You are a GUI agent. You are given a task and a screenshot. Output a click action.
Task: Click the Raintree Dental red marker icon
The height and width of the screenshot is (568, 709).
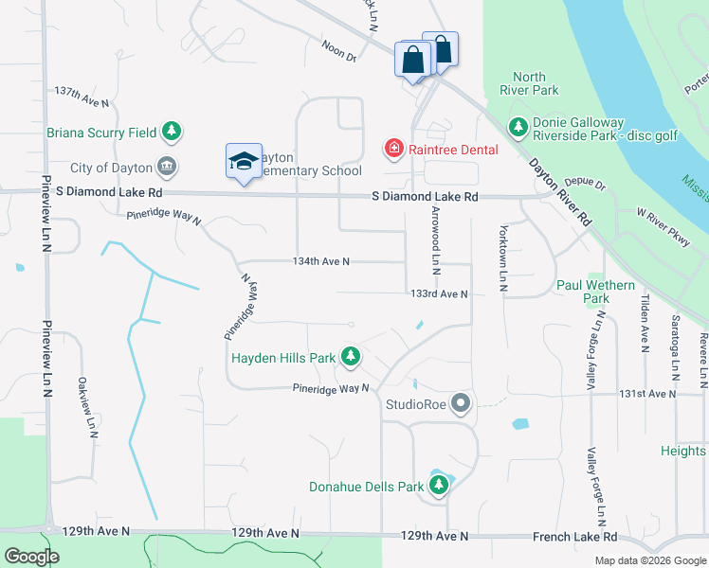pos(392,148)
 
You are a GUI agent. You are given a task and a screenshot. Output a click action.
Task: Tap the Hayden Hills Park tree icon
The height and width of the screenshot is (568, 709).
pos(352,357)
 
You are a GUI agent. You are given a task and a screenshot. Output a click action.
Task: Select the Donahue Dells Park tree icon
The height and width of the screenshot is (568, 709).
pos(439,487)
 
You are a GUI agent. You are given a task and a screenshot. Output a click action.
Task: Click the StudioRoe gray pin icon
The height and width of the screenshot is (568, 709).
pos(462,404)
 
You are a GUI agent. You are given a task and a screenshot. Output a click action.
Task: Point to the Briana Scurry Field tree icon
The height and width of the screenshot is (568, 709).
pos(171,132)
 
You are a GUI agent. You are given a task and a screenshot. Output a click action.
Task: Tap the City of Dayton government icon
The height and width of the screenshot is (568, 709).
pos(168,168)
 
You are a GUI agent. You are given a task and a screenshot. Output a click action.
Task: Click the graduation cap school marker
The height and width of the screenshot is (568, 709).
pos(244,161)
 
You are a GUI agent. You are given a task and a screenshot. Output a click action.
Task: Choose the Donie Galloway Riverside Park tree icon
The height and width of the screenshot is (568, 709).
pos(518,126)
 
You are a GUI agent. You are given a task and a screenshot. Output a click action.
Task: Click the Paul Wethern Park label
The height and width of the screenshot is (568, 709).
pos(595,291)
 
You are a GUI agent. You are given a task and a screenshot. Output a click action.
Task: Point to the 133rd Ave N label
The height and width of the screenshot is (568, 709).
pos(439,294)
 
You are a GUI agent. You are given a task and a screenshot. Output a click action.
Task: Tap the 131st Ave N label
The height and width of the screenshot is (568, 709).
pos(647,393)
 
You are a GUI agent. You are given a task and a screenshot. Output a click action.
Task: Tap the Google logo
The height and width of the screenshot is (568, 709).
pos(31,557)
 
